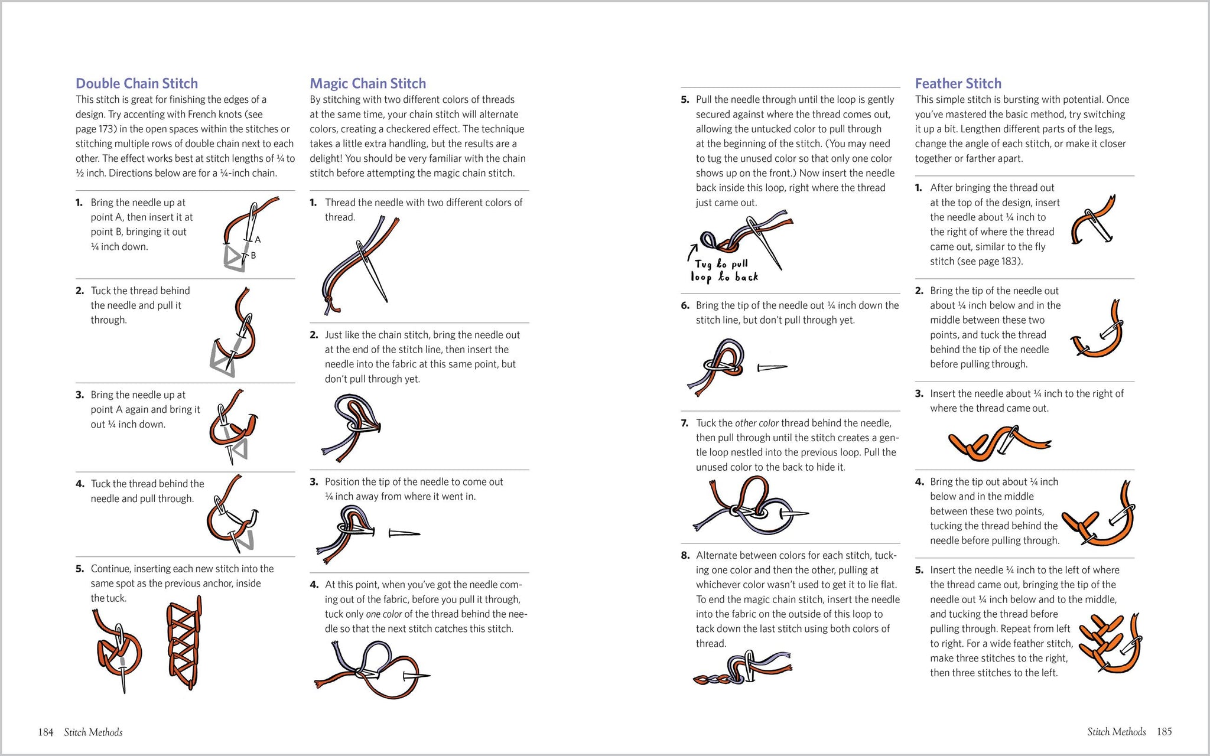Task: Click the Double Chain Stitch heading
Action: click(136, 83)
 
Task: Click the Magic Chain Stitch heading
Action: click(367, 83)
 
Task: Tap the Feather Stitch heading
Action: click(958, 83)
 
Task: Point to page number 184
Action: click(45, 732)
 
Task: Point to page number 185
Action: click(1164, 732)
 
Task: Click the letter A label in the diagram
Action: click(258, 240)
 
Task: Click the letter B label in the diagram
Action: click(253, 256)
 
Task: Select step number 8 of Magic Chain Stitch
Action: click(685, 556)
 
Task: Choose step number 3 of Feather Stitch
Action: click(919, 394)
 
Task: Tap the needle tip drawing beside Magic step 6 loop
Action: click(772, 368)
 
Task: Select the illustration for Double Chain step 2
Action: click(235, 334)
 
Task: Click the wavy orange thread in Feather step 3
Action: click(998, 444)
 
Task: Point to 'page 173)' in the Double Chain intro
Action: click(95, 129)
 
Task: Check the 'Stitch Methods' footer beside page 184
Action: click(93, 732)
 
